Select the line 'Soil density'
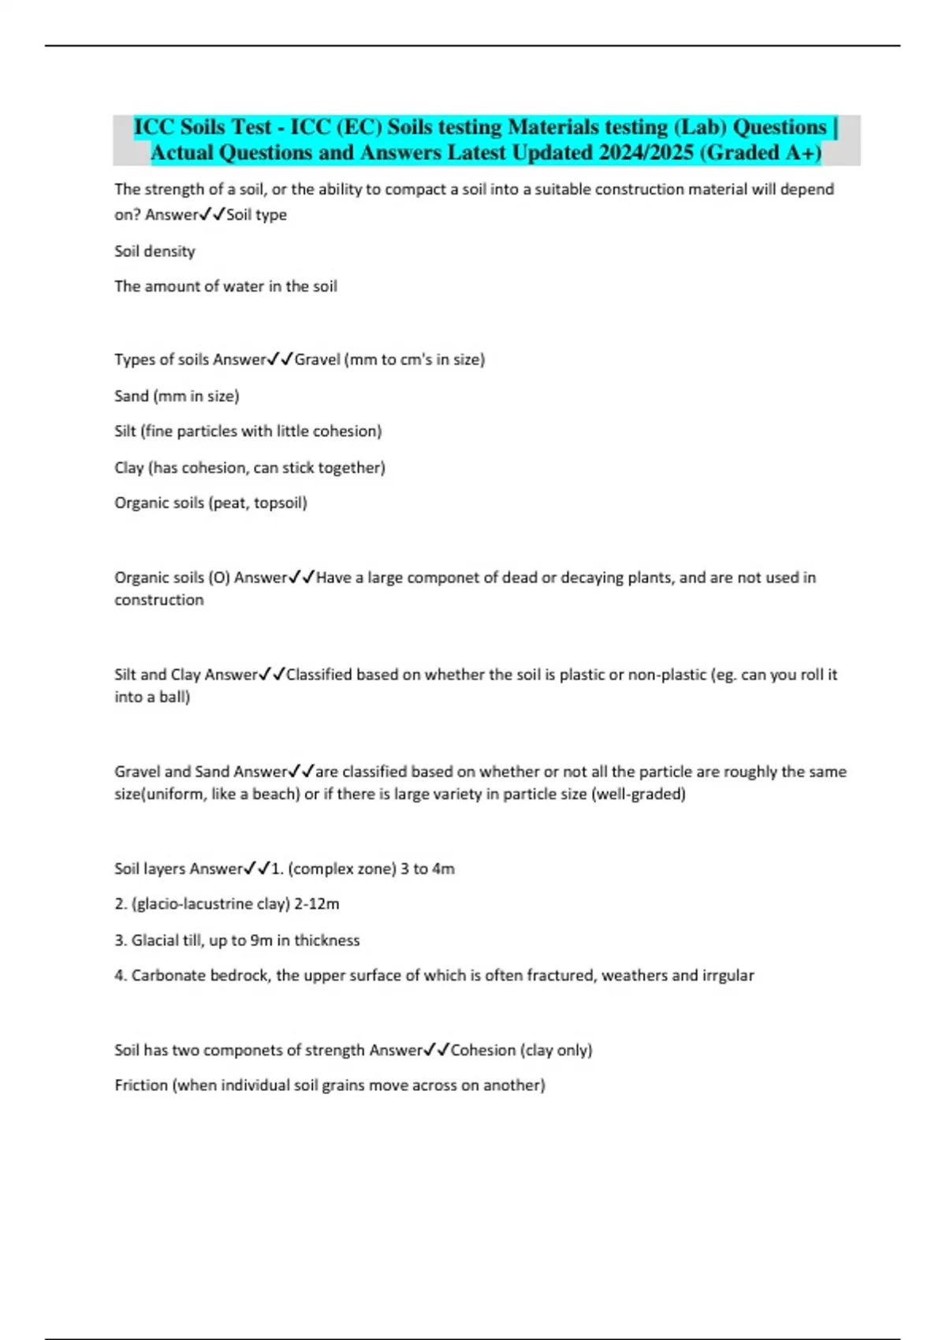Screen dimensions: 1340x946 point(155,251)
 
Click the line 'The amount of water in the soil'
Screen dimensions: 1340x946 point(225,286)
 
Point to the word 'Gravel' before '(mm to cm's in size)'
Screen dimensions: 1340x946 point(317,359)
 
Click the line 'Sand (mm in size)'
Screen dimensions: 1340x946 point(177,396)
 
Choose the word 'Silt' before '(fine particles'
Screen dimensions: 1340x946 point(125,431)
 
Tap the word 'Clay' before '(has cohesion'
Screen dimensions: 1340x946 point(128,467)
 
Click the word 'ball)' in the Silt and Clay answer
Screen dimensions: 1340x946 point(174,697)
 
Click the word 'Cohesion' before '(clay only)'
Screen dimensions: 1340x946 point(482,1050)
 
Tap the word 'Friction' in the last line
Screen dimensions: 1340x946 point(141,1085)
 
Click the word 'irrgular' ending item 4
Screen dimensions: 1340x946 point(728,976)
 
